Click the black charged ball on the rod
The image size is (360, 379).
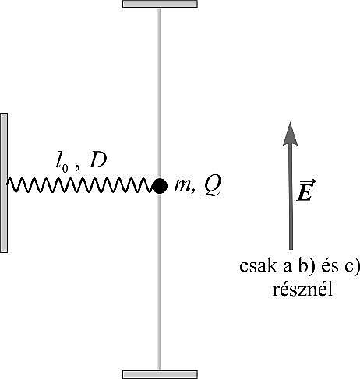coord(160,186)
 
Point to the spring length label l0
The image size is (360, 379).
coord(62,164)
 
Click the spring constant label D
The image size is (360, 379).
coord(97,161)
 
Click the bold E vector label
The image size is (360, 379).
coord(305,193)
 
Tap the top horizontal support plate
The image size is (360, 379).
coord(160,4)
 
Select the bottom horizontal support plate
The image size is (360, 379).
coord(160,374)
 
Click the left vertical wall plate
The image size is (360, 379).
coord(4,183)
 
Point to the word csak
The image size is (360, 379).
coord(258,266)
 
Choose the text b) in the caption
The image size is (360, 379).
coord(305,267)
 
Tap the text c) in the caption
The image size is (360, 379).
coord(352,267)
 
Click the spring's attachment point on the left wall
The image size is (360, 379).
coord(8,182)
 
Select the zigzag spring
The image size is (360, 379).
coord(79,185)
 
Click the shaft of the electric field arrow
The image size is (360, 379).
coord(291,197)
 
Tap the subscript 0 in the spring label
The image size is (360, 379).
coord(65,169)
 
